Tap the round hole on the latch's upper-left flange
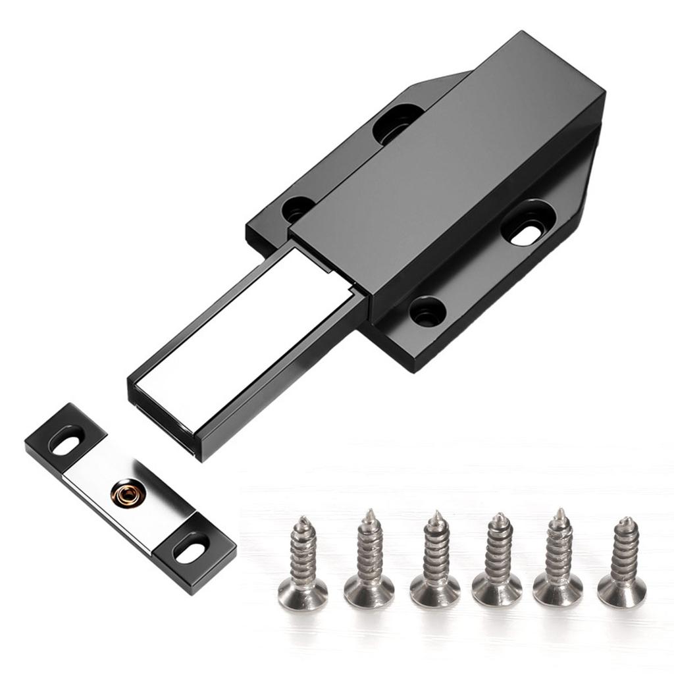[x=298, y=209]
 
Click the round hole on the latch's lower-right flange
[x=427, y=311]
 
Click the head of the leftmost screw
[x=303, y=592]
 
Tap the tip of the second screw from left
[x=370, y=513]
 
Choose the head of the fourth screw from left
[x=497, y=588]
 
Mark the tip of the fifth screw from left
[x=559, y=512]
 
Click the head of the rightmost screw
[x=621, y=591]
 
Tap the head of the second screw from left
[x=369, y=590]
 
